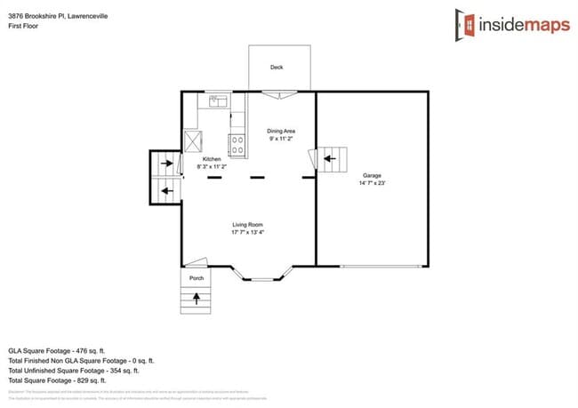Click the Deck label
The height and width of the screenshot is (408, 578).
277,67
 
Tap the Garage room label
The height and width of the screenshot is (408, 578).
371,175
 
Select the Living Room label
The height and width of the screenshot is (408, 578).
248,224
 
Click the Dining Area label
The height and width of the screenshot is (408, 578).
281,131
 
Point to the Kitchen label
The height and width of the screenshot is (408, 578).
212,158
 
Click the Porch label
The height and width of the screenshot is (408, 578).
197,278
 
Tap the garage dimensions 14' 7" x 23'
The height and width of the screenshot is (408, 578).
371,183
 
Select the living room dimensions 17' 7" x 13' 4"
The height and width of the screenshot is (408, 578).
248,232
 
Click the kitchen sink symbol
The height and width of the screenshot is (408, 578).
216,101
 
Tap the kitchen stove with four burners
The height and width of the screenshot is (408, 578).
237,143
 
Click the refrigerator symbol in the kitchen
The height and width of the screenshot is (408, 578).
193,140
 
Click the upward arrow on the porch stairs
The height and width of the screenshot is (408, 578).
196,299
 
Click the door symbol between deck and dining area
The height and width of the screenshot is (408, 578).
278,93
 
